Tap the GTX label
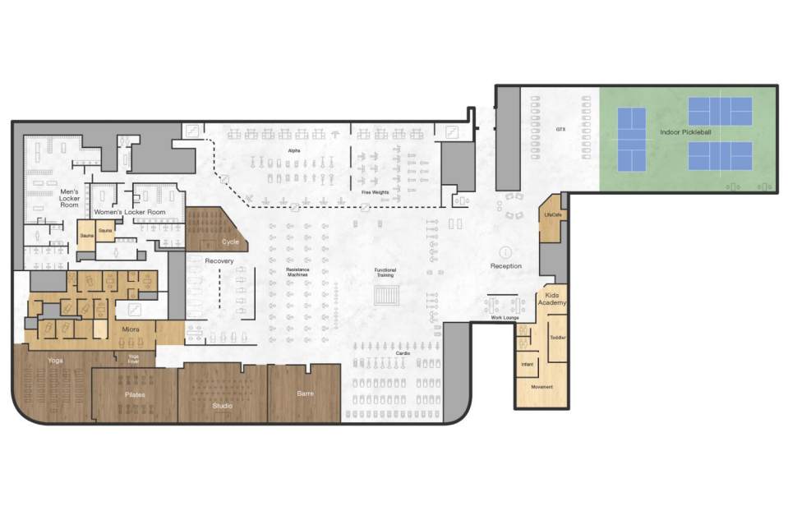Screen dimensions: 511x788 coord(561,129)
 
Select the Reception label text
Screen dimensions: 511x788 coord(506,266)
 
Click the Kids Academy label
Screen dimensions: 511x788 coord(552,298)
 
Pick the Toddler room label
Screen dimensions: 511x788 coord(558,338)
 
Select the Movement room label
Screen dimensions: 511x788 coord(541,387)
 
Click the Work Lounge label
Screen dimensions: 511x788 coord(505,317)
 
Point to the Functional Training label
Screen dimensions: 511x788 coord(385,273)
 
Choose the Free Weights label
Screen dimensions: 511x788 coord(375,192)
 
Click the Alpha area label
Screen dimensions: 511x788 coord(294,151)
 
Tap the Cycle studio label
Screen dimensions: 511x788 coord(230,242)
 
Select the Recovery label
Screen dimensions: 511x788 coord(219,261)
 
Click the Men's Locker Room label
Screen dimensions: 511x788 coord(69,198)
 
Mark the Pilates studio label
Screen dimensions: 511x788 coord(136,394)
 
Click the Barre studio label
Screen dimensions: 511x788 coord(306,394)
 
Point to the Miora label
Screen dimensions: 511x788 coord(131,329)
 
